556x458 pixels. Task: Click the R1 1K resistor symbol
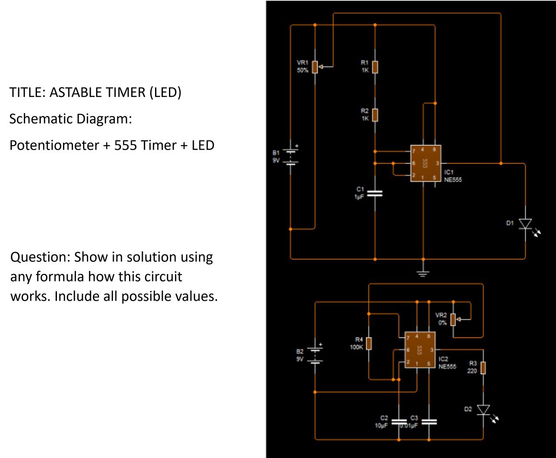click(x=375, y=67)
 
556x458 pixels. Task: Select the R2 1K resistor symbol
click(x=375, y=115)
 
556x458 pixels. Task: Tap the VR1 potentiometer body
click(x=315, y=67)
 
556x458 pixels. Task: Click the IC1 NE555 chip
click(x=425, y=164)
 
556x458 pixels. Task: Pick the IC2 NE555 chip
click(x=420, y=350)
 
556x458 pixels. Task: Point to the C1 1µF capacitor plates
click(x=375, y=194)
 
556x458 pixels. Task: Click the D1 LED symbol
click(x=526, y=224)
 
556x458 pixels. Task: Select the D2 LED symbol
click(x=483, y=410)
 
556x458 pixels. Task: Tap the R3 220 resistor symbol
click(x=483, y=368)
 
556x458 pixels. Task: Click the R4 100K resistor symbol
click(x=369, y=343)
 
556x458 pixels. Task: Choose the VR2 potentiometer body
click(x=453, y=319)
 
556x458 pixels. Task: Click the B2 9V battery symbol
click(x=314, y=355)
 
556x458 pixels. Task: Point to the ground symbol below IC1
click(x=423, y=273)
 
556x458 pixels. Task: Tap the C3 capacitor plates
click(x=429, y=421)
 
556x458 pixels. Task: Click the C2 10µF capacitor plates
click(x=399, y=421)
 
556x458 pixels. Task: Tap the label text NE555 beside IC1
click(x=453, y=180)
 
